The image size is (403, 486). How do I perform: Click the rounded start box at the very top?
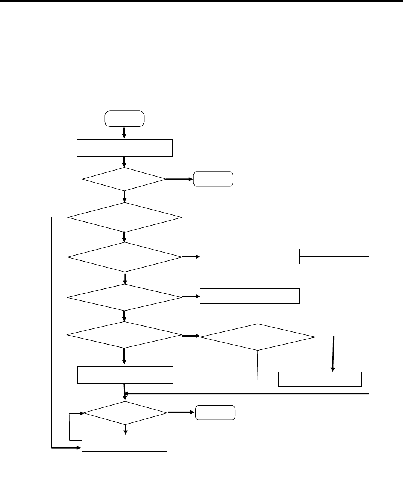click(125, 118)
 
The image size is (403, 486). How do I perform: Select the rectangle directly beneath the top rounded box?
click(125, 147)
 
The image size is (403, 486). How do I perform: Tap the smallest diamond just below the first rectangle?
click(124, 180)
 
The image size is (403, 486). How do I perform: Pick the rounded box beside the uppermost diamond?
click(213, 179)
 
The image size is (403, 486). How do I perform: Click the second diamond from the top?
click(124, 217)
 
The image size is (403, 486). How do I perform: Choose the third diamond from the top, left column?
click(125, 257)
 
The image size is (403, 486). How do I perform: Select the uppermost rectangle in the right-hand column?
click(250, 256)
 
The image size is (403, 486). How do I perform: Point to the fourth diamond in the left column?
click(125, 297)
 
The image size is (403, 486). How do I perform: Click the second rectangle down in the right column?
click(250, 296)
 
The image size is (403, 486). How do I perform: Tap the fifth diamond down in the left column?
click(124, 335)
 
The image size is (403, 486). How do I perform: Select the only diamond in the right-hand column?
click(258, 337)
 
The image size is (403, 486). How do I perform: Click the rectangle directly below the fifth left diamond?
click(125, 375)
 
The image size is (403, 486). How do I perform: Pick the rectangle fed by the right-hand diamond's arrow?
click(320, 379)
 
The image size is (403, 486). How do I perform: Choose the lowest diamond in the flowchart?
click(125, 413)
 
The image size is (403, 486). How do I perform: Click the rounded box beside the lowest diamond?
click(216, 413)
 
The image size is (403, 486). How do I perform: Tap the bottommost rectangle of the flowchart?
click(124, 443)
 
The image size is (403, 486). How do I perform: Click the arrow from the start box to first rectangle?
click(124, 132)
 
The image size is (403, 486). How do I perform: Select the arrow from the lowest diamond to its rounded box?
click(181, 413)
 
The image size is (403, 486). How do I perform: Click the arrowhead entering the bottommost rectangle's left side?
click(79, 447)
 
